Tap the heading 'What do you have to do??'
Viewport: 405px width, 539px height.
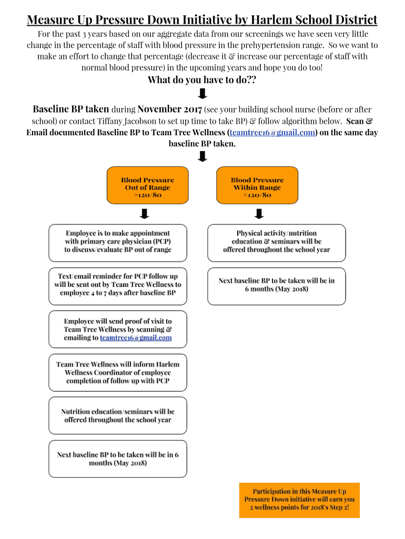(202, 80)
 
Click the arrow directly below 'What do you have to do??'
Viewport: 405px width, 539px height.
(202, 94)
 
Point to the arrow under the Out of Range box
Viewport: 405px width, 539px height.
(145, 214)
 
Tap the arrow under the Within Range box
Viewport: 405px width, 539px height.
(259, 214)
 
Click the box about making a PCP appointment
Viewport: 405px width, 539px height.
(118, 242)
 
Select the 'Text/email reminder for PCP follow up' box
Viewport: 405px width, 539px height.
(118, 285)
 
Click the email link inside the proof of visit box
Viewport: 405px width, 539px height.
(136, 338)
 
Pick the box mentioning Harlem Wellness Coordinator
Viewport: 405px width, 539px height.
(118, 372)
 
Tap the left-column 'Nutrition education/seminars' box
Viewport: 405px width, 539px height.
(118, 415)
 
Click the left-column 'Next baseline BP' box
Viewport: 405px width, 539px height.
(118, 458)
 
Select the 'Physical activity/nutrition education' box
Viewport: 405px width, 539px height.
(277, 242)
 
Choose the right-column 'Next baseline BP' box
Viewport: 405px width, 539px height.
(277, 285)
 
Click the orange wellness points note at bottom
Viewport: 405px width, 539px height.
(299, 500)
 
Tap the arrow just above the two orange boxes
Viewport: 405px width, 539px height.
(202, 156)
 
